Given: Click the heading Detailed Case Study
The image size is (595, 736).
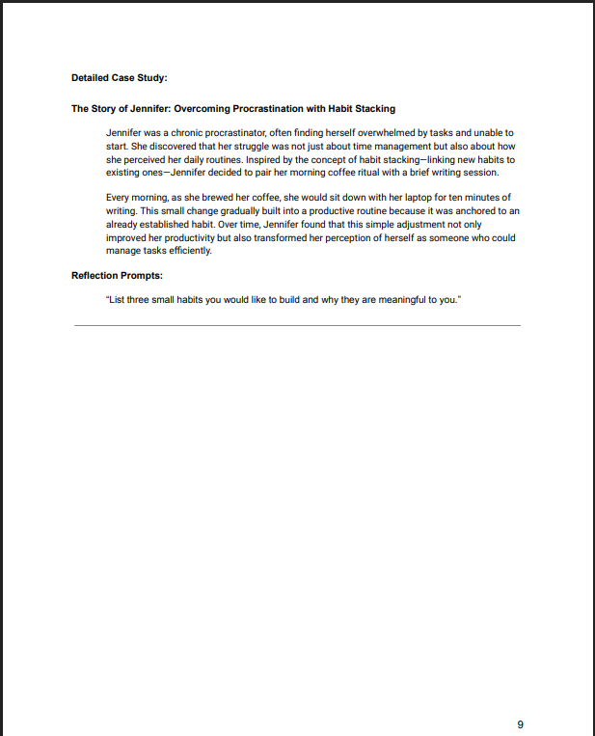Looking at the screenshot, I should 120,77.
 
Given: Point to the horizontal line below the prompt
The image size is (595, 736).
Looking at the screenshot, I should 297,326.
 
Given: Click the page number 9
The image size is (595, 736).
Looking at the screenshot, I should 520,724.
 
